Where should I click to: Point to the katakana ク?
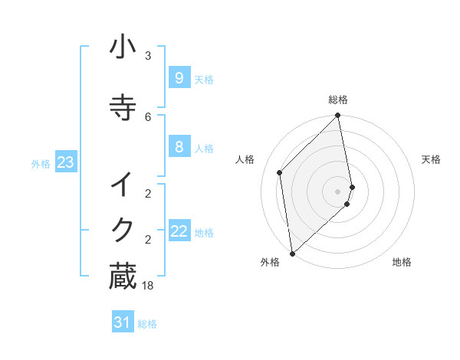coord(123,228)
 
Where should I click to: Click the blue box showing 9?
coord(179,78)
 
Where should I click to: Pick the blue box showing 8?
coord(179,147)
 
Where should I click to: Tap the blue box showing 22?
coord(179,231)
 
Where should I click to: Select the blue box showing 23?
coord(65,162)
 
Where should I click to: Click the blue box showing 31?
coord(123,323)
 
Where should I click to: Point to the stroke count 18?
coord(148,286)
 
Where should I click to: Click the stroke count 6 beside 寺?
coord(148,116)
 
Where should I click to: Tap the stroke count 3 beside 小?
coord(148,56)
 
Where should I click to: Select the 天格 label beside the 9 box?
coord(204,80)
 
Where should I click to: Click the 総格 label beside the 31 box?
coord(147,324)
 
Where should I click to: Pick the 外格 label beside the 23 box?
coord(41,163)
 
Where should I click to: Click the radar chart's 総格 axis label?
coord(338,100)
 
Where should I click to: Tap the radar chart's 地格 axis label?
coord(402,262)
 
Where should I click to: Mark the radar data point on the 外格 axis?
coord(292,253)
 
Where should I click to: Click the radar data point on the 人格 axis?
coord(280,172)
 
